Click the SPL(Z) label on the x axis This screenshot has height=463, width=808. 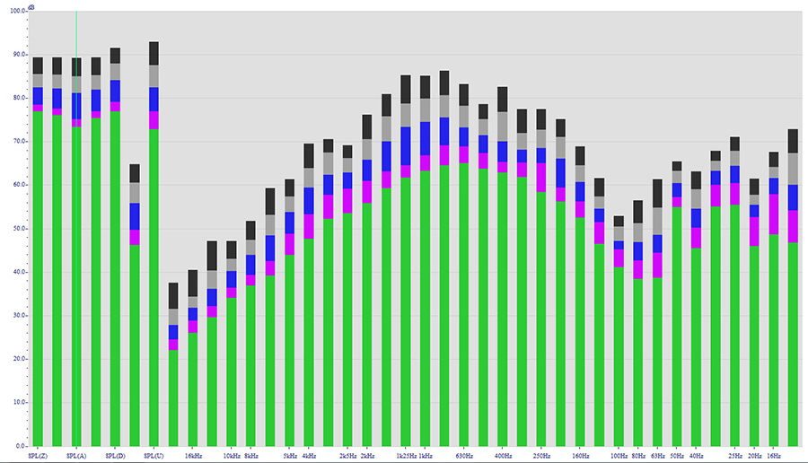click(37, 456)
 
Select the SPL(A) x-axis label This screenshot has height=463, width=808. click(76, 456)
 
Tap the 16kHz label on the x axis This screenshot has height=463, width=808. click(193, 456)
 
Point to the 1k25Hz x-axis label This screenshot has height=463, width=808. click(405, 456)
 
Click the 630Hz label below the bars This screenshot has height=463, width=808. click(464, 456)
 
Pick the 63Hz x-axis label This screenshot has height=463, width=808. click(657, 456)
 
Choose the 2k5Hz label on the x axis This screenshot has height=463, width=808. click(347, 456)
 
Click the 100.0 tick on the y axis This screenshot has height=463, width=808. click(17, 12)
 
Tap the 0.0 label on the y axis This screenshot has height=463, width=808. click(21, 446)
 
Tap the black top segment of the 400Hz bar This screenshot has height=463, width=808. click(502, 97)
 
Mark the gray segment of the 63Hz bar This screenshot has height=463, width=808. click(657, 221)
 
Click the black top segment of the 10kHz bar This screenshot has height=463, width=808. click(232, 249)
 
